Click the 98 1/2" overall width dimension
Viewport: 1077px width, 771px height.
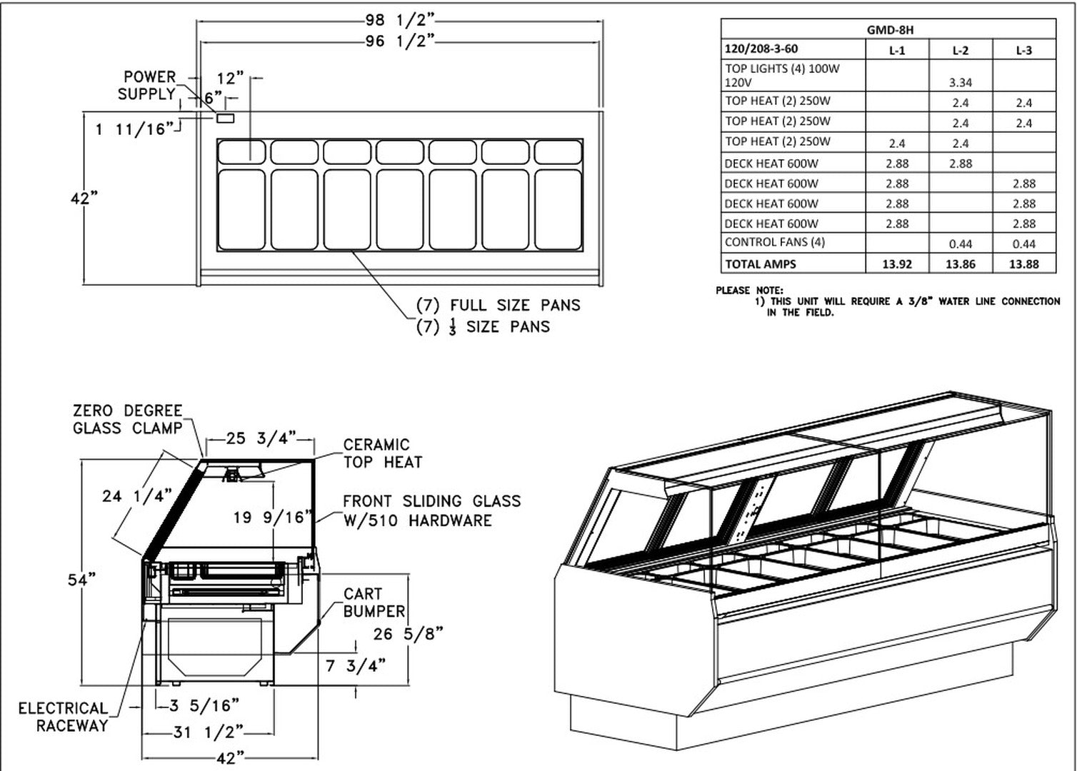pos(401,20)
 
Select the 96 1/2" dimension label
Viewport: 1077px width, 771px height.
pos(401,41)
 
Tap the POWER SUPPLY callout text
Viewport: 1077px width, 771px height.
pos(148,86)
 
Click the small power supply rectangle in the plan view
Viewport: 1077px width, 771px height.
pos(225,118)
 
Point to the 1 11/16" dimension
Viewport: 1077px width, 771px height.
pos(134,129)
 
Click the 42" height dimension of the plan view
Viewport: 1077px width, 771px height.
pos(84,198)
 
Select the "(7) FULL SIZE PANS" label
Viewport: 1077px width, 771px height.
pos(499,306)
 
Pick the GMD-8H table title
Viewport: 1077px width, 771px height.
pos(889,30)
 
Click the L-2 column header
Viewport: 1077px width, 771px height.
pos(961,50)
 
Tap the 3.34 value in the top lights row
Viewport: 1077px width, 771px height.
pos(961,83)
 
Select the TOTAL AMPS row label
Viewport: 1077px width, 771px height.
pos(761,264)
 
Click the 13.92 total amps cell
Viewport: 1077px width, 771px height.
pos(897,264)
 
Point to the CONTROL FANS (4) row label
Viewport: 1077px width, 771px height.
pos(775,243)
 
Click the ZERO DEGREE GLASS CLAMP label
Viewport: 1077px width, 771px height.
pos(128,420)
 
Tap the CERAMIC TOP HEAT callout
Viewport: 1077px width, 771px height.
pos(383,453)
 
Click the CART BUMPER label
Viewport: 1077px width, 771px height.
pos(374,603)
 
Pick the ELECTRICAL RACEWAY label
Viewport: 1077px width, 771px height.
pos(63,717)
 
